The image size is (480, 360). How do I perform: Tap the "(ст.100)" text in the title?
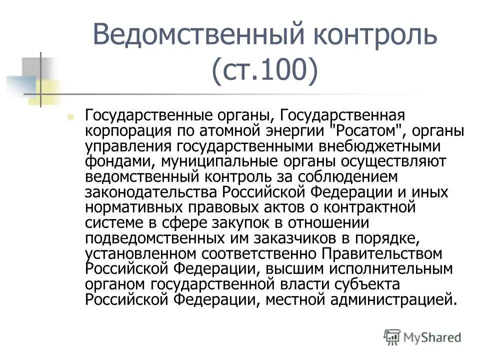coord(264,71)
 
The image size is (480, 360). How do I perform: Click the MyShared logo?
coord(423,337)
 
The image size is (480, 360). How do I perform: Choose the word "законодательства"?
coord(153,192)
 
